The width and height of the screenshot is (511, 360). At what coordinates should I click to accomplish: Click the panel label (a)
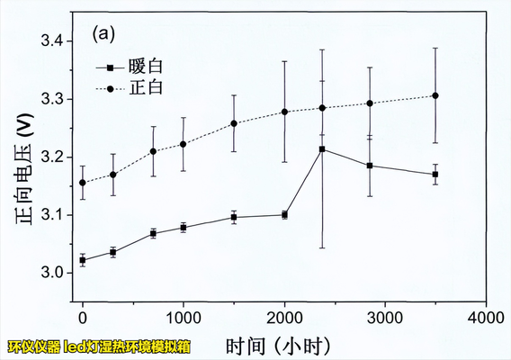coord(103,34)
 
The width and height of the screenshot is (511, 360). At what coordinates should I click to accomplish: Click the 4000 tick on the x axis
coord(487,319)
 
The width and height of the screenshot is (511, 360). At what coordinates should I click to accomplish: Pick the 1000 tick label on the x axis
coord(184,319)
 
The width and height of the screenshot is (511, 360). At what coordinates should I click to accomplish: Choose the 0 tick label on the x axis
coord(83,319)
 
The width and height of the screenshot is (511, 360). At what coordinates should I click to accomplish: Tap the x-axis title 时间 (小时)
coord(279,345)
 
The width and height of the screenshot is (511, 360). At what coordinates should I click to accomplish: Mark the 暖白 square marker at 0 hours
coord(83,260)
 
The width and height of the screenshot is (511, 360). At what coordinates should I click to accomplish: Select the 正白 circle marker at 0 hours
coord(83,183)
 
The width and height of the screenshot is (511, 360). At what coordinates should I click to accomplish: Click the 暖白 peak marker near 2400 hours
coord(322,149)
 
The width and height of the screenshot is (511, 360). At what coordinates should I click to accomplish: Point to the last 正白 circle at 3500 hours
coord(435,95)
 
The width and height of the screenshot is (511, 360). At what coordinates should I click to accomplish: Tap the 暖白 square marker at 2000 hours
coord(284,214)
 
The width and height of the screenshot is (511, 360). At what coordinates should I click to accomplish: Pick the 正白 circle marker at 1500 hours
coord(234,123)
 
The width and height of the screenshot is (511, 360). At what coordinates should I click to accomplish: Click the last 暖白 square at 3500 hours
coord(435,174)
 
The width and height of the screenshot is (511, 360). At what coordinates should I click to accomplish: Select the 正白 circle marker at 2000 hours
coord(284,112)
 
